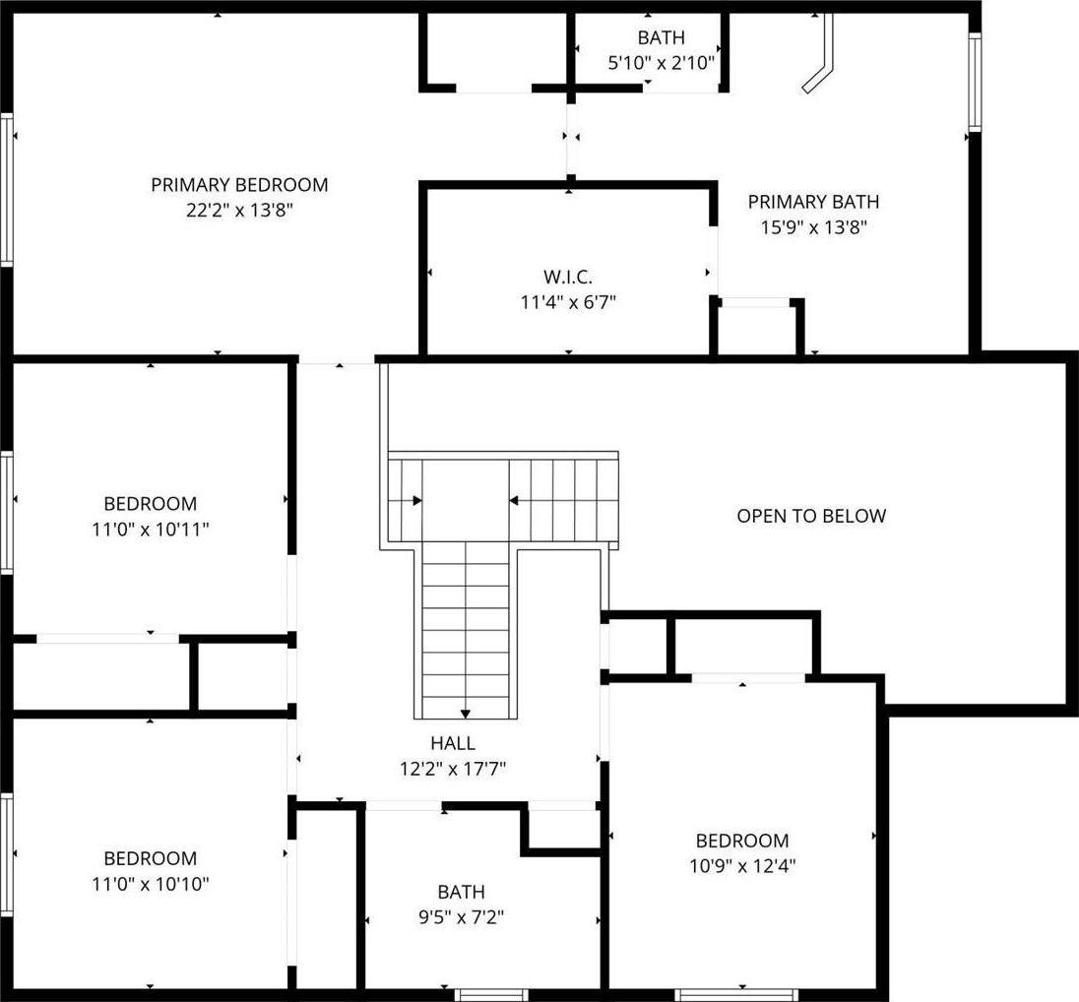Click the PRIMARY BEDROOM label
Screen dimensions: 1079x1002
(239, 184)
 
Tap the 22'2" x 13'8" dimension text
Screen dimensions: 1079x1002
(239, 210)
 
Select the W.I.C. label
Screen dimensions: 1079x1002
(568, 277)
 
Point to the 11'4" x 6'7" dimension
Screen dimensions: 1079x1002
(568, 301)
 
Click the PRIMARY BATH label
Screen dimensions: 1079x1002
(813, 202)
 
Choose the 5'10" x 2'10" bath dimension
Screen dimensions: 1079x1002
(662, 63)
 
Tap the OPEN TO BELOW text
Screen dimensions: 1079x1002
(811, 516)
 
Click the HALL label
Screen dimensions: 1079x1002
(453, 742)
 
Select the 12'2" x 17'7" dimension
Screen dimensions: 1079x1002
(453, 768)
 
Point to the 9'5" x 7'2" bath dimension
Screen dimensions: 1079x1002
(461, 916)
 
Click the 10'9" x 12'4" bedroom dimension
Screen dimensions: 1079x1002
(742, 866)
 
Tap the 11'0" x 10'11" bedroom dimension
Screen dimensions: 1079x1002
(150, 529)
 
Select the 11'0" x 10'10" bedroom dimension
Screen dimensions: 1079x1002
(150, 884)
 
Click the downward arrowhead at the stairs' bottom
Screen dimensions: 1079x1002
(466, 714)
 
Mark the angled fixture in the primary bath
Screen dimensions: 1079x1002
(819, 54)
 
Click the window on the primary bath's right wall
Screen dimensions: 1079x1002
(975, 82)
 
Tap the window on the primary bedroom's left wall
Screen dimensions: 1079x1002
(7, 189)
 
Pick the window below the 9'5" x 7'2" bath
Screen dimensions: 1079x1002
(491, 994)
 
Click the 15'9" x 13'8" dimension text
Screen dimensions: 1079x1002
(813, 227)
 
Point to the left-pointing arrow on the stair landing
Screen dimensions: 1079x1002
(513, 500)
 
